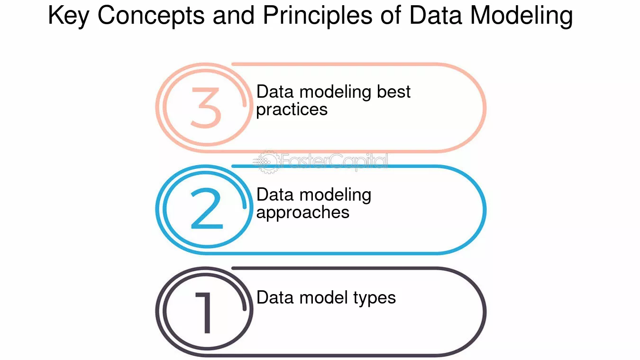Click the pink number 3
click(x=206, y=107)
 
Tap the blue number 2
click(x=207, y=208)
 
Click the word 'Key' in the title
click(x=69, y=16)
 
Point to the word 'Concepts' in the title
click(x=151, y=16)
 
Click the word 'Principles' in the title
click(x=318, y=16)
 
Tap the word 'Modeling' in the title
click(x=521, y=16)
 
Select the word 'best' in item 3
click(x=393, y=92)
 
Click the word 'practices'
click(x=292, y=110)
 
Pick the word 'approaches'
click(x=303, y=213)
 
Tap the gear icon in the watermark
click(x=268, y=162)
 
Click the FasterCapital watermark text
click(x=335, y=162)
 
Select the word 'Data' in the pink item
click(x=275, y=92)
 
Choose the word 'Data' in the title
click(x=436, y=16)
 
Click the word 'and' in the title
click(x=234, y=16)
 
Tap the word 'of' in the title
click(x=391, y=16)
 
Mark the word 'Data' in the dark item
click(x=275, y=297)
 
